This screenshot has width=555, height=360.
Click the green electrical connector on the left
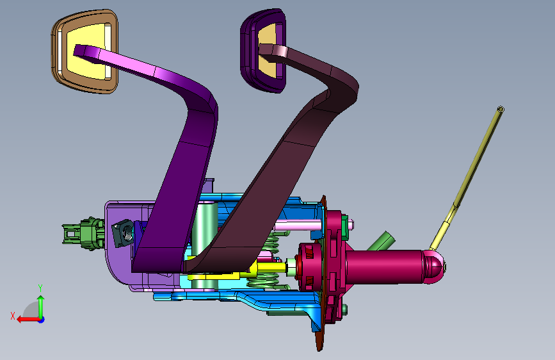point(83,234)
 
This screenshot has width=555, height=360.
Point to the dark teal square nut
point(123,233)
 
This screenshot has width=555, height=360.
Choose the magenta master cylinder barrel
point(384,266)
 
